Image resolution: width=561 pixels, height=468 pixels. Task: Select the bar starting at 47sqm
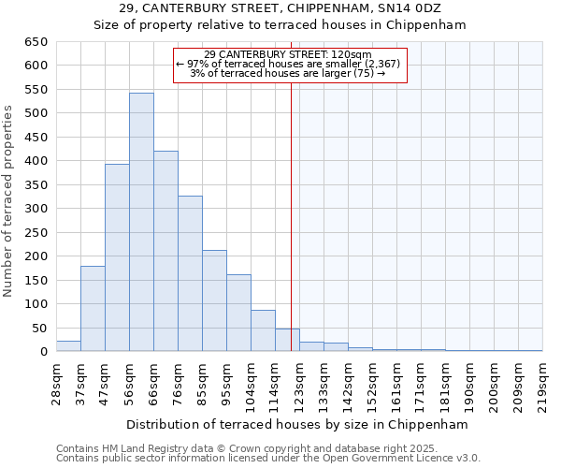point(117,258)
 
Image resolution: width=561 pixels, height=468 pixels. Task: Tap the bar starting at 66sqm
point(165,252)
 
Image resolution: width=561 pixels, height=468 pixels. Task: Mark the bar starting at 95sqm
point(238,314)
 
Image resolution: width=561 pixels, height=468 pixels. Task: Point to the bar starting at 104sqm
point(263,331)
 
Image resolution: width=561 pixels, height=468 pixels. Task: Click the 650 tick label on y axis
point(36,42)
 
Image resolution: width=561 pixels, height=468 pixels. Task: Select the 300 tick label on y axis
point(36,209)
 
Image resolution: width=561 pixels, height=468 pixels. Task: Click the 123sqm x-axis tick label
point(299,383)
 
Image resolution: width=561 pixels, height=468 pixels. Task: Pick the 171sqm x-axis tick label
point(421,383)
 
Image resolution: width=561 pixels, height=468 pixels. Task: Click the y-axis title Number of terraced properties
point(9,201)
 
